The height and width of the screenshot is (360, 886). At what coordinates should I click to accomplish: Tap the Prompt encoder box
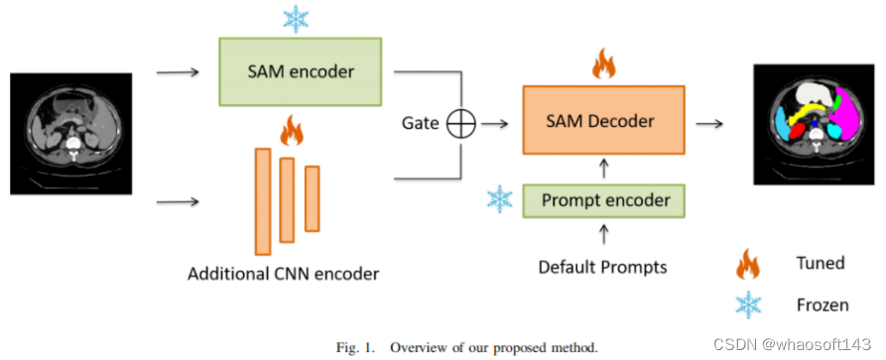coord(605,201)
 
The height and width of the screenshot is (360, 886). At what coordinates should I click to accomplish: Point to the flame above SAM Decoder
coord(603,63)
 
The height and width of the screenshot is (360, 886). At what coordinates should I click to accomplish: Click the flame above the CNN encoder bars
coord(291,130)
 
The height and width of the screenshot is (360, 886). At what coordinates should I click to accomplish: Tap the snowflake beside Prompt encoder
coord(499,199)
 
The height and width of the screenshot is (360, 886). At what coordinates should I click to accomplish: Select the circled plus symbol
coord(462,123)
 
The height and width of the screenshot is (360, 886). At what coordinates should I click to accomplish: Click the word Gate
coord(420,123)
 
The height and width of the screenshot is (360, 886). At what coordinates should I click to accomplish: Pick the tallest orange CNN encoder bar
coord(263,200)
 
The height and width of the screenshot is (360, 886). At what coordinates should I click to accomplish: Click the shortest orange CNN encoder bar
coord(312,198)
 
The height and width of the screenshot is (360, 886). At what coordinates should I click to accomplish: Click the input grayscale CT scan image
coord(70,133)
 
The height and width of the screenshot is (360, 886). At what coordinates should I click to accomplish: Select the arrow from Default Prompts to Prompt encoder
coord(604,235)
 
